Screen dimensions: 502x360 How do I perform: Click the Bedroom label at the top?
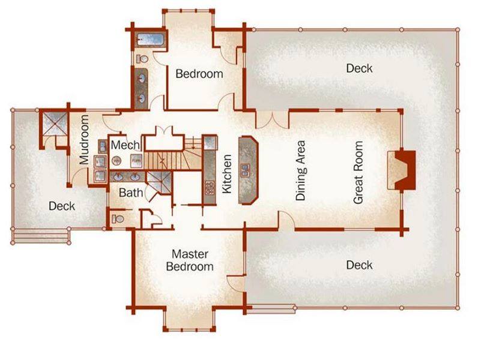tap(199, 74)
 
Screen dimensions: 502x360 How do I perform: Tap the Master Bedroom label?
tap(190, 260)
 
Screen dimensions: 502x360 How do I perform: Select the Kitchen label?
tap(226, 174)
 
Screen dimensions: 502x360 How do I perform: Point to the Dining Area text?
tap(300, 170)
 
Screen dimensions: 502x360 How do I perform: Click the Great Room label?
tap(358, 172)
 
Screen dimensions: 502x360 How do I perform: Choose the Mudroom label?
tap(84, 140)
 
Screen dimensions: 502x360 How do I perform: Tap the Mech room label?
tap(125, 145)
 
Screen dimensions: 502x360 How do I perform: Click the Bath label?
tap(131, 193)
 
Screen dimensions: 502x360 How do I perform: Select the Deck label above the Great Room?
tap(359, 68)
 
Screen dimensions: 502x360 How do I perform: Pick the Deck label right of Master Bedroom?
tap(359, 265)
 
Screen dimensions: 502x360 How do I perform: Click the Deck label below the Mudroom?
tap(62, 206)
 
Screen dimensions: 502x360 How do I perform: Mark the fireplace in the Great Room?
tap(402, 170)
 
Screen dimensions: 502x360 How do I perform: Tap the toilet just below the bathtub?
tap(142, 59)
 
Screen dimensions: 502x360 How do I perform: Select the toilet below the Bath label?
tap(118, 219)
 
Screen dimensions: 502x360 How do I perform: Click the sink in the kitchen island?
tap(245, 170)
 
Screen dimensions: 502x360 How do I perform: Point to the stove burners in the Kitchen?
tap(210, 188)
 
